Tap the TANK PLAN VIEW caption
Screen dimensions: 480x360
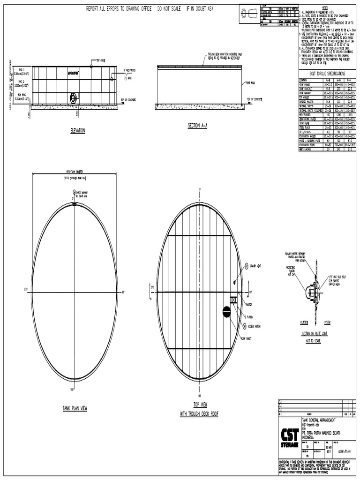(x=75, y=408)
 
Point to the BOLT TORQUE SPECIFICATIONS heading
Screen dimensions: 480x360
(x=328, y=74)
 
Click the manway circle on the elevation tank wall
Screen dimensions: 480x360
(x=74, y=98)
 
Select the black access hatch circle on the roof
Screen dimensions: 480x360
(x=226, y=311)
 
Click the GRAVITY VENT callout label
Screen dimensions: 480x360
(x=256, y=266)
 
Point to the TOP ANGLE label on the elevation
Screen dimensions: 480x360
(x=102, y=60)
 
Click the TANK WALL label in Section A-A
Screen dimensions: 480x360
(x=251, y=83)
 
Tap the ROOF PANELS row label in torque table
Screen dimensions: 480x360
(x=306, y=84)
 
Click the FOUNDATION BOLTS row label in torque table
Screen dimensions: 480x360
(x=307, y=145)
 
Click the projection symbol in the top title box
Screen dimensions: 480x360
(x=244, y=15)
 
